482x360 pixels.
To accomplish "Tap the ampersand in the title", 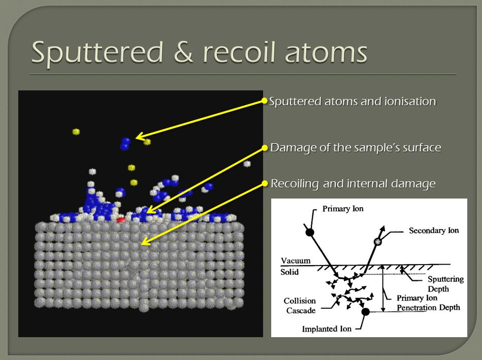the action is pyautogui.click(x=183, y=52).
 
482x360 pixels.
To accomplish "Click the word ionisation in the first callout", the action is pyautogui.click(x=410, y=101).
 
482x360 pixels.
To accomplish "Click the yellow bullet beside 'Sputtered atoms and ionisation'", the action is pyautogui.click(x=264, y=101).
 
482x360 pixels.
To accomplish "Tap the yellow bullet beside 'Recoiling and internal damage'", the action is pyautogui.click(x=265, y=183).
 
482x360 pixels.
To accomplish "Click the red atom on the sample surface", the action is pyautogui.click(x=121, y=220).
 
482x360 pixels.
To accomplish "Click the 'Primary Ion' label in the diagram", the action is pyautogui.click(x=343, y=209).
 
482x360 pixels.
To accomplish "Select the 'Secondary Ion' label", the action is pyautogui.click(x=434, y=231).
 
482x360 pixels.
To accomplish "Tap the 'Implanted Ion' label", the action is pyautogui.click(x=327, y=329).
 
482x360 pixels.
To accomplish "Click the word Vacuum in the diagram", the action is pyautogui.click(x=296, y=260).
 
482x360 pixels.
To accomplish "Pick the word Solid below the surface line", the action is pyautogui.click(x=290, y=272).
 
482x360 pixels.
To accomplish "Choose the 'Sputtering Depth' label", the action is pyautogui.click(x=446, y=284).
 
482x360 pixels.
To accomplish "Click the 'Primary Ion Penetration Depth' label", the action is pyautogui.click(x=428, y=303).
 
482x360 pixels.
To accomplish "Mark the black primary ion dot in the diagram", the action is pyautogui.click(x=310, y=233).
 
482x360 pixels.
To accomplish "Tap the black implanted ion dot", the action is pyautogui.click(x=365, y=312).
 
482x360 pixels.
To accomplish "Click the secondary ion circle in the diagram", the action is pyautogui.click(x=377, y=242).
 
